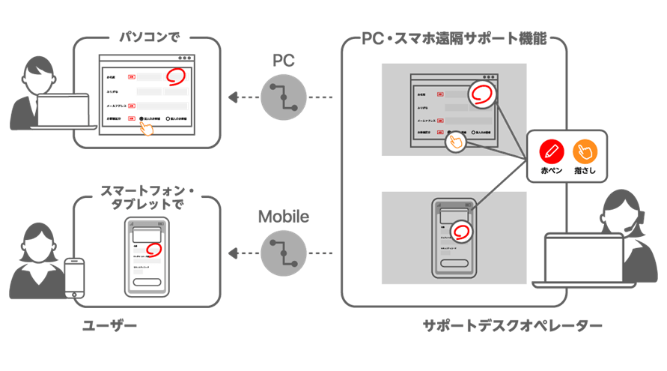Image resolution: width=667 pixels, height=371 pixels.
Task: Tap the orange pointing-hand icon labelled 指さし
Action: pyautogui.click(x=585, y=151)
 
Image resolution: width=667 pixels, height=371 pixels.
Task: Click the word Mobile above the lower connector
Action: pyautogui.click(x=283, y=217)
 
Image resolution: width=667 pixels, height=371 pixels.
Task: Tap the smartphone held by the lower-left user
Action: pyautogui.click(x=74, y=278)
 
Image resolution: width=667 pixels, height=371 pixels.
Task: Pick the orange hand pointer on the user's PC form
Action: pyautogui.click(x=147, y=128)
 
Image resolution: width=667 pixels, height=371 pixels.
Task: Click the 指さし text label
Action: pyautogui.click(x=585, y=172)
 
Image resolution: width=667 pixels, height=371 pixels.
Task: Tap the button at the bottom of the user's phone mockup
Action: pyautogui.click(x=146, y=282)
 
